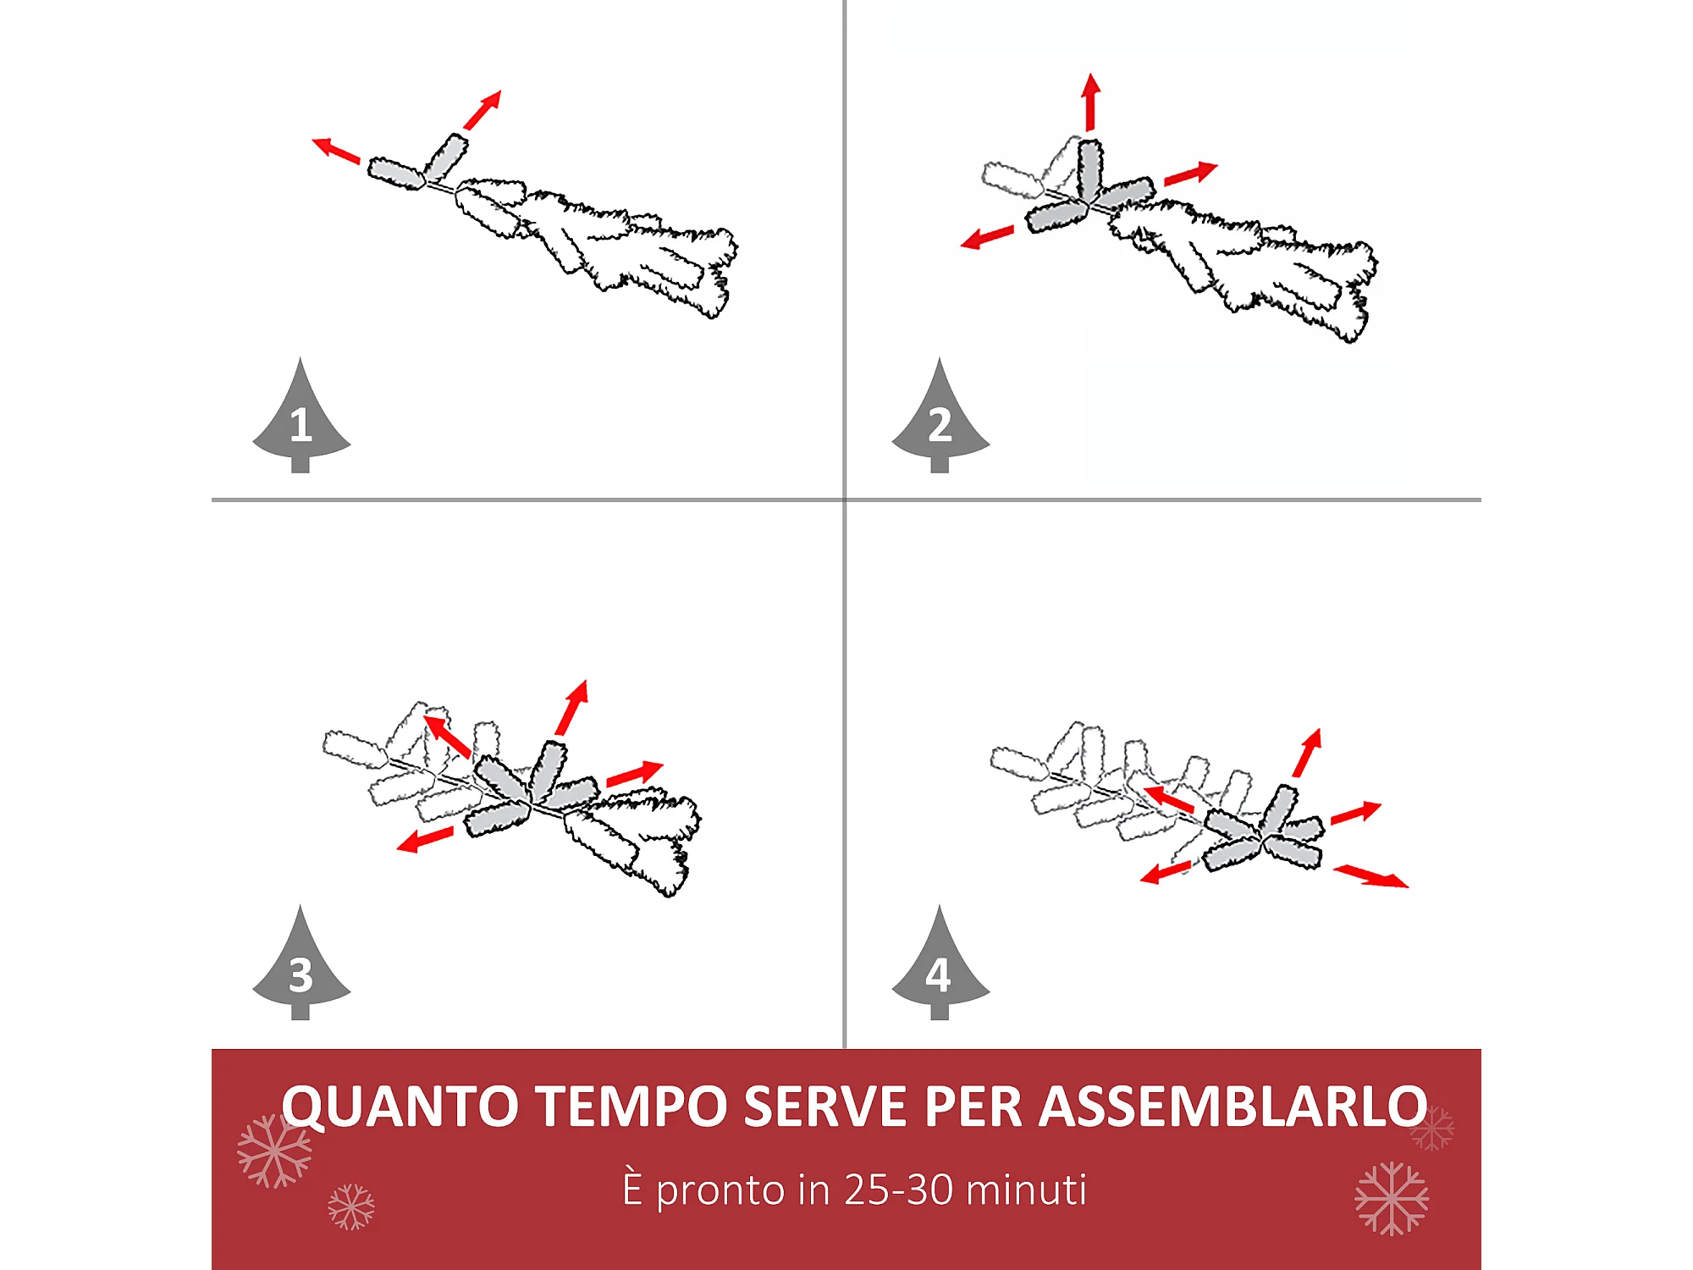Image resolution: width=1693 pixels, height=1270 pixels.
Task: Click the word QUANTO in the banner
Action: click(x=400, y=1107)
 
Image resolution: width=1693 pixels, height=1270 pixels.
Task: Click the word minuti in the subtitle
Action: click(x=1026, y=1190)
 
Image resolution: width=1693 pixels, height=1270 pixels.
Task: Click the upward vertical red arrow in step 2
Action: click(x=1091, y=102)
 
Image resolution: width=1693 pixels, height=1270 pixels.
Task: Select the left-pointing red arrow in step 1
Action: click(x=336, y=150)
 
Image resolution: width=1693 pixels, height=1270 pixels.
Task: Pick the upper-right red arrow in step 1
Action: click(x=483, y=110)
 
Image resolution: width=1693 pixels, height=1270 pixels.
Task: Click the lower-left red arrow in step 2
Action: click(x=987, y=237)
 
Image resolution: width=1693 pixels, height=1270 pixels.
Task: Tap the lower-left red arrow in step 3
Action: click(x=425, y=840)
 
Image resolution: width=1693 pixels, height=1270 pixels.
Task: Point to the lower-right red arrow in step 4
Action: click(x=1371, y=876)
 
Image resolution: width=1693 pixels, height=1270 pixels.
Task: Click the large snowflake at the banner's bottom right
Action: click(x=1392, y=1198)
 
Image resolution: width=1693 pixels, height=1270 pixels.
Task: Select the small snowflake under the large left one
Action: click(x=351, y=1206)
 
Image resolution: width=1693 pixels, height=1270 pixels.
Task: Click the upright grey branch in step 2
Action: click(x=1089, y=168)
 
